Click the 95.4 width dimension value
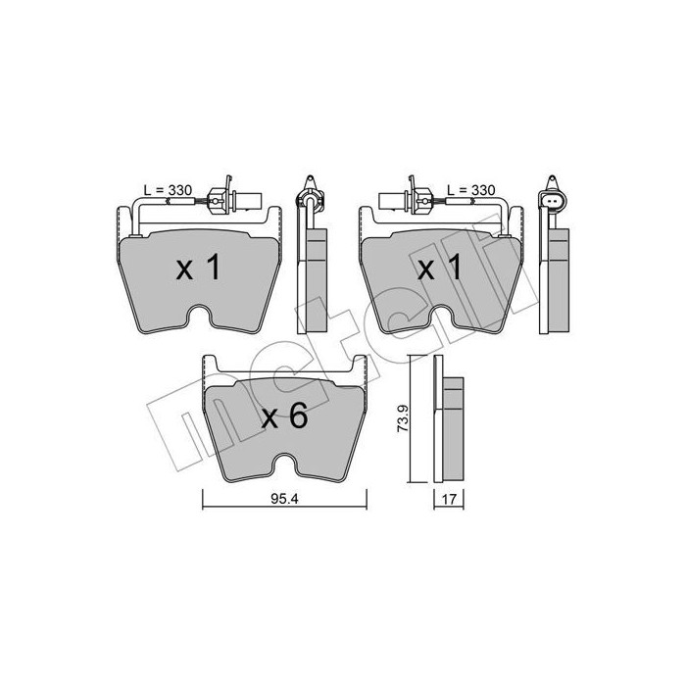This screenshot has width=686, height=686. (284, 499)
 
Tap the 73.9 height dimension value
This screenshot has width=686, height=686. (403, 418)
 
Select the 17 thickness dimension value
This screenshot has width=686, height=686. (449, 499)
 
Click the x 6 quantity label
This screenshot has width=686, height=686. (285, 416)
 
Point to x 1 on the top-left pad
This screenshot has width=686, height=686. (198, 268)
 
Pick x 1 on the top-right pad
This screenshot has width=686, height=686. (440, 268)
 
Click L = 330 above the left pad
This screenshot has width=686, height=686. (168, 190)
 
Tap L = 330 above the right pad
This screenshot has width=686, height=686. (471, 190)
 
